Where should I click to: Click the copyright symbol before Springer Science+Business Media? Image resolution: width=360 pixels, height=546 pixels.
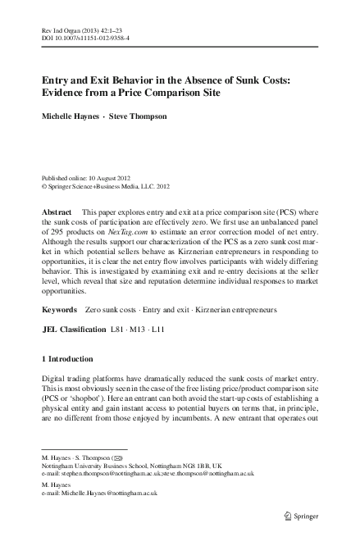pos(44,187)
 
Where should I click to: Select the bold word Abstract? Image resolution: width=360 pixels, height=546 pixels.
pos(57,212)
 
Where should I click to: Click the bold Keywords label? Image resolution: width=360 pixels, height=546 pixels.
pos(60,288)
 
